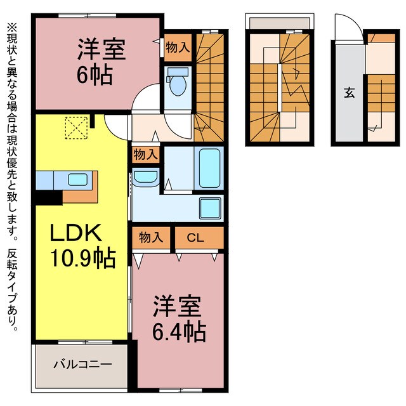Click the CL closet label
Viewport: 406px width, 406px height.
click(x=196, y=238)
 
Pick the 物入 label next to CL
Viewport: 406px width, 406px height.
click(x=151, y=238)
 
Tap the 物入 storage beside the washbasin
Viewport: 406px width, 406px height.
click(x=145, y=154)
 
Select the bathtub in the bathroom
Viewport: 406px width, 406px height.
click(x=207, y=168)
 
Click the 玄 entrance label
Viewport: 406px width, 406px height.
click(x=349, y=92)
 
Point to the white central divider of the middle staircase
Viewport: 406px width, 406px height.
click(x=279, y=84)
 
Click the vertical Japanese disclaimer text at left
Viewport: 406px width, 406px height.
click(x=13, y=178)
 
